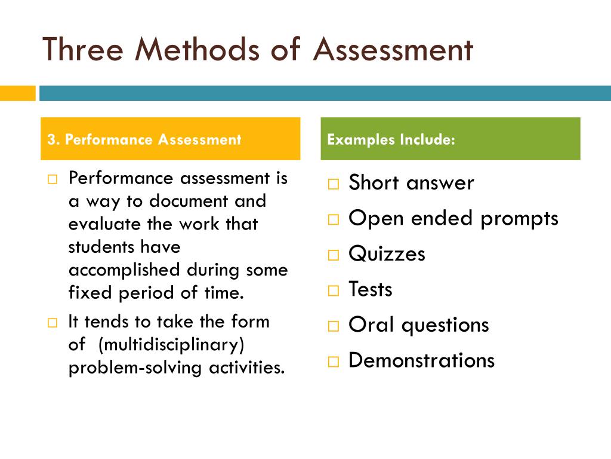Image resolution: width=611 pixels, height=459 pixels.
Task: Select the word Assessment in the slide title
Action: pyautogui.click(x=393, y=49)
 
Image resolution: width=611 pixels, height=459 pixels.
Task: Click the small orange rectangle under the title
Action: pyautogui.click(x=18, y=93)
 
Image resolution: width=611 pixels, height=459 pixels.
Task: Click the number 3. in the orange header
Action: pyautogui.click(x=54, y=140)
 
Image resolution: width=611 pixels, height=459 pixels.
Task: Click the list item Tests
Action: pyautogui.click(x=370, y=290)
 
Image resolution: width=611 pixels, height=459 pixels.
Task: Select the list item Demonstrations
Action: pyautogui.click(x=421, y=360)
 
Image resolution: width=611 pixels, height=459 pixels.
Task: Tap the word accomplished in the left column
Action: pyautogui.click(x=125, y=270)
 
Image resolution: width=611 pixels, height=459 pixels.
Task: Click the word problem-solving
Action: pyautogui.click(x=136, y=368)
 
